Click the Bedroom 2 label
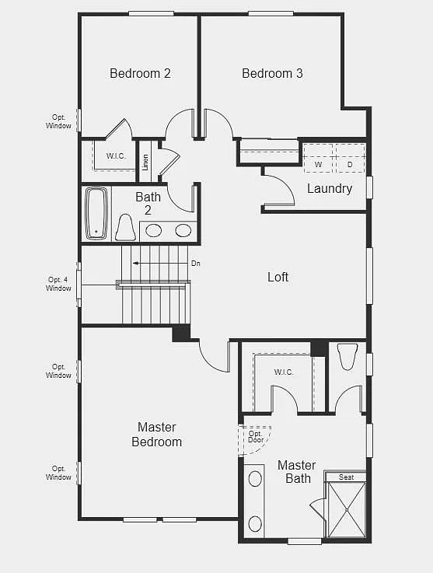click(x=140, y=74)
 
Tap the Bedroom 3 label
click(x=272, y=74)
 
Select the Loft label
click(x=278, y=277)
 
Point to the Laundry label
click(x=330, y=188)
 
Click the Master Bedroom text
click(x=159, y=435)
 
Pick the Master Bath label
click(x=297, y=472)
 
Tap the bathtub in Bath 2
click(x=96, y=212)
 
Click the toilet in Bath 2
click(x=125, y=228)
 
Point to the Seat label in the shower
click(x=346, y=477)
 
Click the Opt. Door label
click(x=256, y=437)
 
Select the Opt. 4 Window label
click(x=58, y=284)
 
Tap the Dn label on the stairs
click(x=196, y=264)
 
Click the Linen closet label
click(x=145, y=162)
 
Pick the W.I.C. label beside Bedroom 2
click(x=116, y=156)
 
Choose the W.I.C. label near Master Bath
click(x=284, y=372)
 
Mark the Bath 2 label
click(x=148, y=204)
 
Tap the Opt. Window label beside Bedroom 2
click(x=58, y=121)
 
